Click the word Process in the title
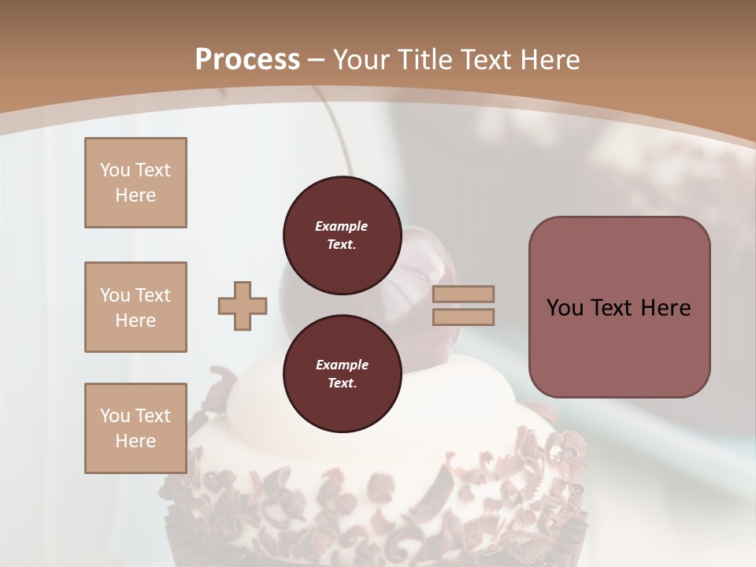(x=247, y=59)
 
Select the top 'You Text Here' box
(x=135, y=183)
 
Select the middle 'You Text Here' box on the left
(x=135, y=307)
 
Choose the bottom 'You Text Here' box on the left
(x=135, y=428)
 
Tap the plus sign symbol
(x=243, y=306)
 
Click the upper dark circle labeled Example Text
(x=341, y=235)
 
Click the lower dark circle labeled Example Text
(x=341, y=374)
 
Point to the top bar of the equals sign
(x=463, y=295)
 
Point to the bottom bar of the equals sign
(x=463, y=317)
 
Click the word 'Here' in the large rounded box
(x=665, y=308)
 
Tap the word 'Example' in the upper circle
(x=341, y=226)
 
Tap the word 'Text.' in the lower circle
(x=341, y=384)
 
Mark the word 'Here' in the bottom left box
(x=135, y=441)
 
